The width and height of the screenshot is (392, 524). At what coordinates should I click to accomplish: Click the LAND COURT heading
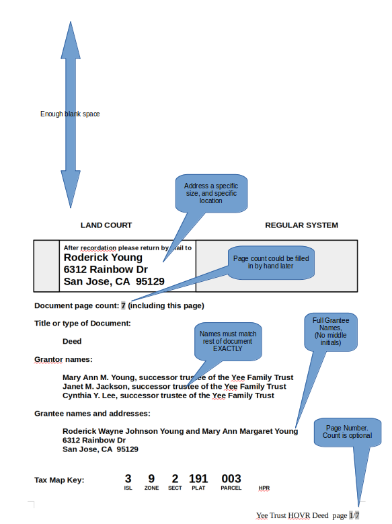click(106, 225)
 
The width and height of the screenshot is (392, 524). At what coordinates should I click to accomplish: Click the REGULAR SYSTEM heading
click(301, 225)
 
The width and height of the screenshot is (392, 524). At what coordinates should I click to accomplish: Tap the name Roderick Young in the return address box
click(103, 258)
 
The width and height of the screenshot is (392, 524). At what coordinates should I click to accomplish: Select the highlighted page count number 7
click(123, 305)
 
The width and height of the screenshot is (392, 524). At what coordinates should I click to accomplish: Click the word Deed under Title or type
click(72, 341)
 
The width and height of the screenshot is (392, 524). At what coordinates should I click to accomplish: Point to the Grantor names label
click(63, 359)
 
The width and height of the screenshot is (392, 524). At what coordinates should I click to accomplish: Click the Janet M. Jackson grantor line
click(174, 386)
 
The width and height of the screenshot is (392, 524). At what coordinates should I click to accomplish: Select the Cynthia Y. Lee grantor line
click(168, 396)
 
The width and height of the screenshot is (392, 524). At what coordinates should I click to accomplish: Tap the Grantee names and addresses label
click(92, 414)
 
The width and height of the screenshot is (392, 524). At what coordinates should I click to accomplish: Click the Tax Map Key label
click(59, 480)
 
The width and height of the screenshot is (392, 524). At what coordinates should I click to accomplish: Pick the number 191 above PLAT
click(198, 478)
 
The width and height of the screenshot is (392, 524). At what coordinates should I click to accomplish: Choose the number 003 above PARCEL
click(231, 478)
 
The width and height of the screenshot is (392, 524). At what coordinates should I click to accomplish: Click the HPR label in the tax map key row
click(264, 488)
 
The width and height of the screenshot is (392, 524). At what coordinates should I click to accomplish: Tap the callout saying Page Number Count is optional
click(347, 432)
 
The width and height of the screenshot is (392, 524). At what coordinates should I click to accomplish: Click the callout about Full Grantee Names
click(331, 332)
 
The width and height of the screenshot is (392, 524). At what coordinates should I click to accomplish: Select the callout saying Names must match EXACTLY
click(228, 341)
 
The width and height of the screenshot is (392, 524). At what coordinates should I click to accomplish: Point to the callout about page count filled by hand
click(271, 262)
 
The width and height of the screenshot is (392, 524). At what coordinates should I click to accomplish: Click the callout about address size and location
click(211, 193)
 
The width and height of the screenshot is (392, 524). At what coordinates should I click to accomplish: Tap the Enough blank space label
click(70, 114)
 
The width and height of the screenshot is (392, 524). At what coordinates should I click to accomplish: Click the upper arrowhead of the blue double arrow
click(71, 42)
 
